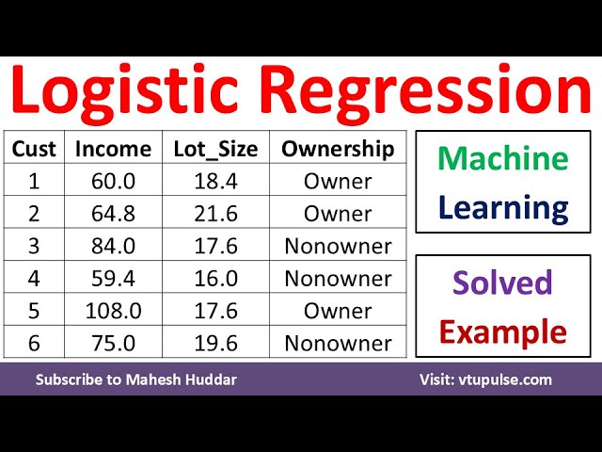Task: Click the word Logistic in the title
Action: click(127, 91)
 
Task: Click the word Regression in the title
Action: click(424, 91)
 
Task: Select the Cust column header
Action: click(34, 149)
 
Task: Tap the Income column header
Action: click(113, 149)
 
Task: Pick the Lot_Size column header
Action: click(214, 149)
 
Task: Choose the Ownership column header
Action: click(338, 149)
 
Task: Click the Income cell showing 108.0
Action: click(113, 311)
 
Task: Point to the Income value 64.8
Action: click(113, 214)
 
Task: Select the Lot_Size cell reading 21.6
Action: click(214, 214)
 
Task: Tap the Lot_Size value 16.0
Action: click(214, 279)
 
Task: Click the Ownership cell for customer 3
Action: click(338, 246)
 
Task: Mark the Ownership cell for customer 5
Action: click(338, 311)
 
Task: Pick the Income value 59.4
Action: click(113, 279)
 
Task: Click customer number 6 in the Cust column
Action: click(34, 343)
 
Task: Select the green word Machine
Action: click(503, 158)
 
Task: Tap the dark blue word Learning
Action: click(503, 206)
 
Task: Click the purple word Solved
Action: click(503, 282)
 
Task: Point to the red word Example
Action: click(503, 331)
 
